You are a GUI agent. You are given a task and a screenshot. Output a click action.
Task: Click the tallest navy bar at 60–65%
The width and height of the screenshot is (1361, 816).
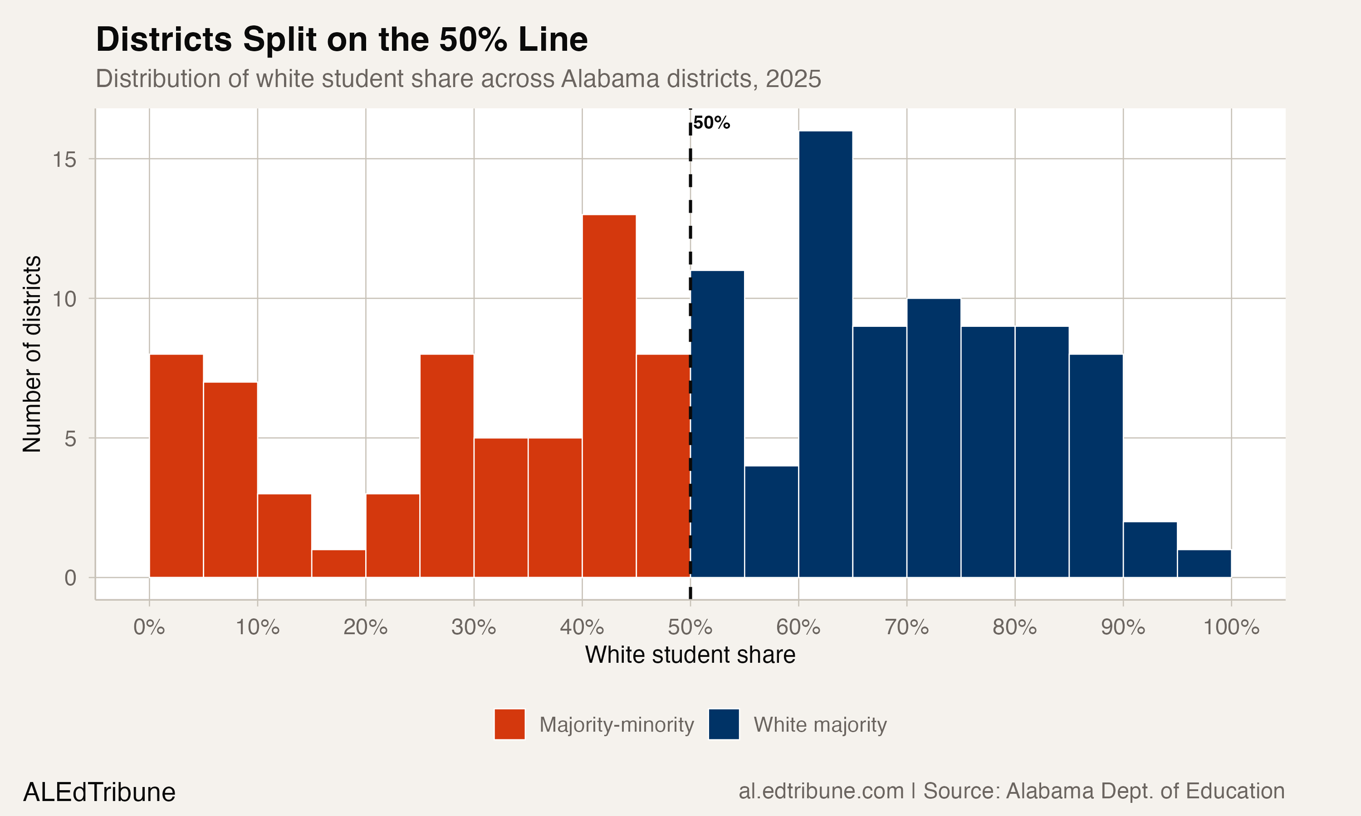[825, 355]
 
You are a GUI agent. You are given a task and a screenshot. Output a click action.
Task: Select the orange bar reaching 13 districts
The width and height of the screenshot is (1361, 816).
[609, 396]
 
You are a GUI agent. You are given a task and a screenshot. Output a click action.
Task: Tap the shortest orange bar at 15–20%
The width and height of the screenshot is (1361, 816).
[338, 563]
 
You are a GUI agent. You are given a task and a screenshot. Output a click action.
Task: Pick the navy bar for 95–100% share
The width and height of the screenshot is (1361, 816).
[1204, 563]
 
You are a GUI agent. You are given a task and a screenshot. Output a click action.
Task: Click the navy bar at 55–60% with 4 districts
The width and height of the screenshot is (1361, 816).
[771, 522]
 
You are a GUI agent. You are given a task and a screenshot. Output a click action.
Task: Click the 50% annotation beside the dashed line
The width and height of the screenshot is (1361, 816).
[711, 122]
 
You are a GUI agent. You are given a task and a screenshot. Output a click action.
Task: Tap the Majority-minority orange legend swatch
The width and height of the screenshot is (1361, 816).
[509, 724]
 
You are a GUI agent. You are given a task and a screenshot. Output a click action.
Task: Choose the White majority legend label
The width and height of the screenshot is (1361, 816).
[820, 725]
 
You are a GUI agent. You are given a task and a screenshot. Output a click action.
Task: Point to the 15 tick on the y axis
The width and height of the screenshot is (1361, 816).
[64, 160]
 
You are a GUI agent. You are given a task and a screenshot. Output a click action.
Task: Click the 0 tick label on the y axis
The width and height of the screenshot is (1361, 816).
[70, 578]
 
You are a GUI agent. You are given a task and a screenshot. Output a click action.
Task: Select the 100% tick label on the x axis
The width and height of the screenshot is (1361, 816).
[1231, 627]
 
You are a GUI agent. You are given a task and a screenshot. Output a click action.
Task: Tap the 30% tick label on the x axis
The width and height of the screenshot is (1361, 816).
[474, 627]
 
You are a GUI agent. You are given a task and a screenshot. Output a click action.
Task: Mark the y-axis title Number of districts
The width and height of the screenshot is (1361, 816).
[32, 354]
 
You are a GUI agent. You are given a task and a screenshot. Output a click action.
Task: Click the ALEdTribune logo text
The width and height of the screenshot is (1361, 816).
[99, 792]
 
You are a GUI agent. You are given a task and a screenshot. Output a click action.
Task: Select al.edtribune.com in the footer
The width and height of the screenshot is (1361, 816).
[821, 791]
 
